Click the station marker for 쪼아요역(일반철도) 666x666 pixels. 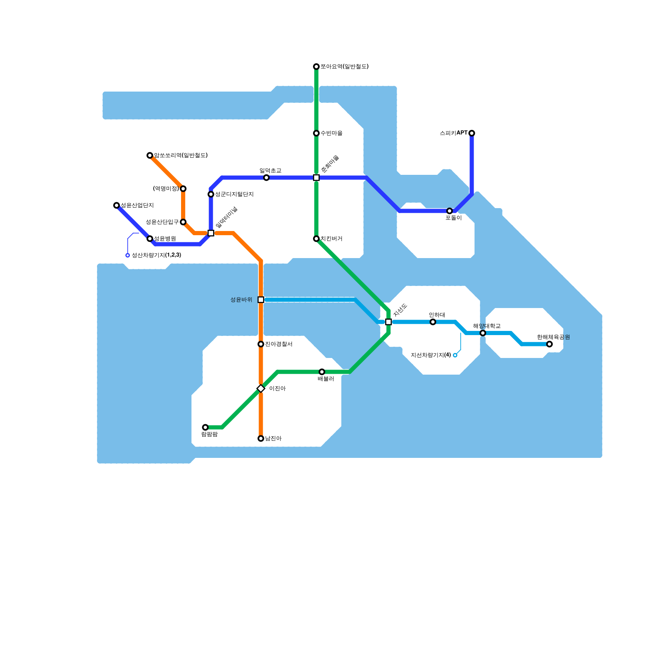(316, 67)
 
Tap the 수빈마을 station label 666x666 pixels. (331, 133)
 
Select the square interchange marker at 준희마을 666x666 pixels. (316, 178)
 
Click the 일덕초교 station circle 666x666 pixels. (266, 178)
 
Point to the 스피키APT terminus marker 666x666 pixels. (472, 133)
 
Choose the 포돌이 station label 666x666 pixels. (453, 218)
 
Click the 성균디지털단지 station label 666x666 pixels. (234, 194)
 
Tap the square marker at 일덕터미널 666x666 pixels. (211, 233)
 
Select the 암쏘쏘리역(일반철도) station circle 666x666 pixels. (150, 156)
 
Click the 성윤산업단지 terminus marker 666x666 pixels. (117, 205)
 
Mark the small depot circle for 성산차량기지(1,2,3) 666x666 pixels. (128, 255)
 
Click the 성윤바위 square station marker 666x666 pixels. (261, 300)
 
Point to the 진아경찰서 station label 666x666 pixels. (278, 344)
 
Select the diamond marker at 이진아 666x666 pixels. (261, 388)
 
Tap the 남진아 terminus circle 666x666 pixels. (261, 438)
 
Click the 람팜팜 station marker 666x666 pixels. (205, 427)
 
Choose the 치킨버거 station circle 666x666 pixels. (316, 239)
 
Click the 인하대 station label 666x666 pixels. (437, 315)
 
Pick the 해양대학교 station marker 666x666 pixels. (483, 333)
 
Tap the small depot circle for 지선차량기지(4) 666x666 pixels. (455, 355)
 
